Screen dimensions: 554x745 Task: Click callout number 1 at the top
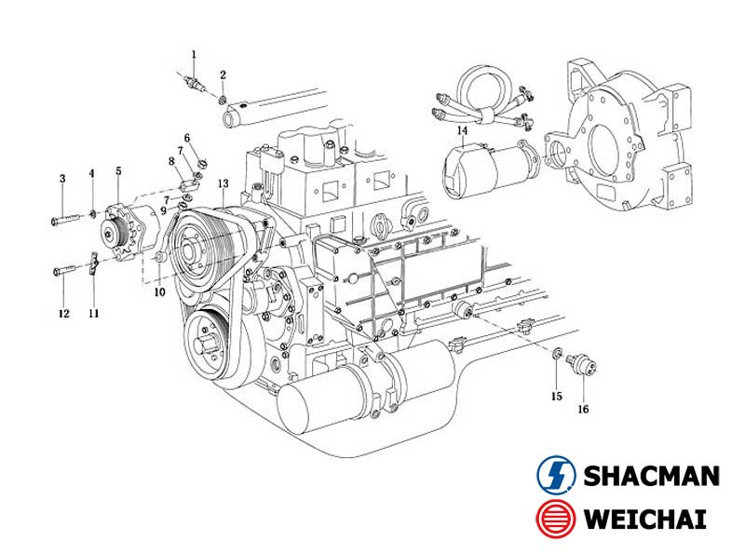(x=194, y=55)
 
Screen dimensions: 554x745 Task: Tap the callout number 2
(x=223, y=74)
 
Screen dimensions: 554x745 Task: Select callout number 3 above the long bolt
(x=62, y=178)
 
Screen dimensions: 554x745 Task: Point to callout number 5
(x=118, y=170)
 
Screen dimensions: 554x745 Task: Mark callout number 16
(x=583, y=408)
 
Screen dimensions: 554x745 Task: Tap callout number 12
(x=63, y=314)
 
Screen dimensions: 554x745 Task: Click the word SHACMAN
(x=651, y=476)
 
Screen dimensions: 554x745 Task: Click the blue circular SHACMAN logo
(x=557, y=476)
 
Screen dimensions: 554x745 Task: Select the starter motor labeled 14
(x=489, y=169)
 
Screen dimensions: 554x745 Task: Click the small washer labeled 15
(x=556, y=353)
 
